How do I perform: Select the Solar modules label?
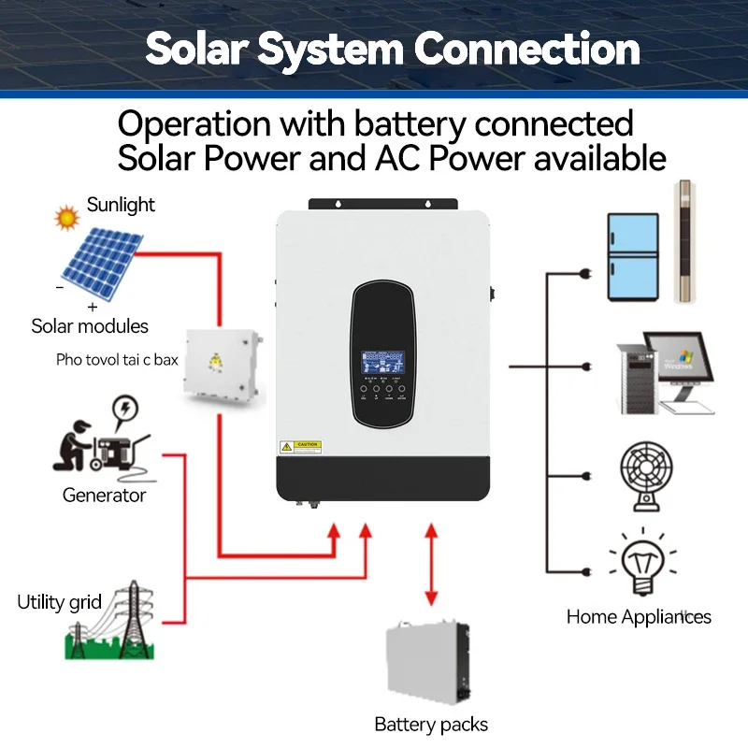(x=90, y=326)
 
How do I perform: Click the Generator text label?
(x=104, y=496)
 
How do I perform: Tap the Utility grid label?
(x=59, y=601)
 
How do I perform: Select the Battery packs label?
(x=431, y=725)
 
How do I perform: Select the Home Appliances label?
(x=639, y=617)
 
